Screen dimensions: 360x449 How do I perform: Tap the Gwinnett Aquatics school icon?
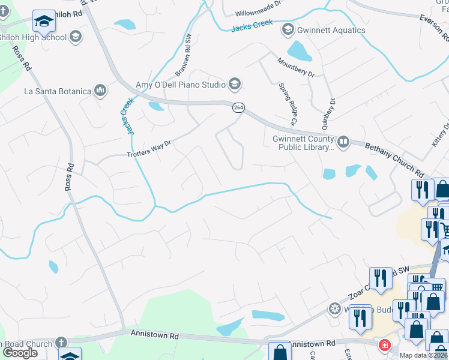[288, 29]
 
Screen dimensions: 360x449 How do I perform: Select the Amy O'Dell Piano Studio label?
[180, 85]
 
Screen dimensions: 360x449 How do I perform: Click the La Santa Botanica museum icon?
[100, 91]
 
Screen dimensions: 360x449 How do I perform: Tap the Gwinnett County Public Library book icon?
[343, 142]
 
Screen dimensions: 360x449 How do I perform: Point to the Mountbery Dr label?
[296, 67]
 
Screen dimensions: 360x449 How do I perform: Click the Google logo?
[20, 353]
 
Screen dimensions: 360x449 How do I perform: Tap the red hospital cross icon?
[383, 346]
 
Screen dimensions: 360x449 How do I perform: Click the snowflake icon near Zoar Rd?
[334, 309]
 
